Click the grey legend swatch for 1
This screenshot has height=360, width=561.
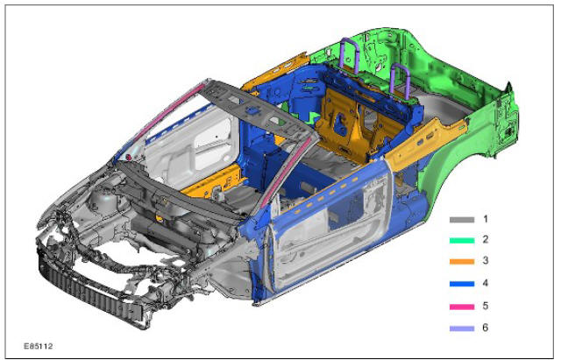pos(462,220)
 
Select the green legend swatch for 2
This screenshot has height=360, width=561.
pos(462,241)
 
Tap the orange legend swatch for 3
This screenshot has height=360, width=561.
pos(462,262)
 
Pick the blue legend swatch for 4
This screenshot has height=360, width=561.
pos(462,284)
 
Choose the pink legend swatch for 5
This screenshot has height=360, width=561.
pos(462,307)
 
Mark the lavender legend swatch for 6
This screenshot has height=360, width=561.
pos(462,328)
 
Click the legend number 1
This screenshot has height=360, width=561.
pos(485,219)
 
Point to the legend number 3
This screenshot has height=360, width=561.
pos(485,260)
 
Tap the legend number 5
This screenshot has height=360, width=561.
pos(485,306)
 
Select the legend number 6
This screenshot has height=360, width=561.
pos(485,328)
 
